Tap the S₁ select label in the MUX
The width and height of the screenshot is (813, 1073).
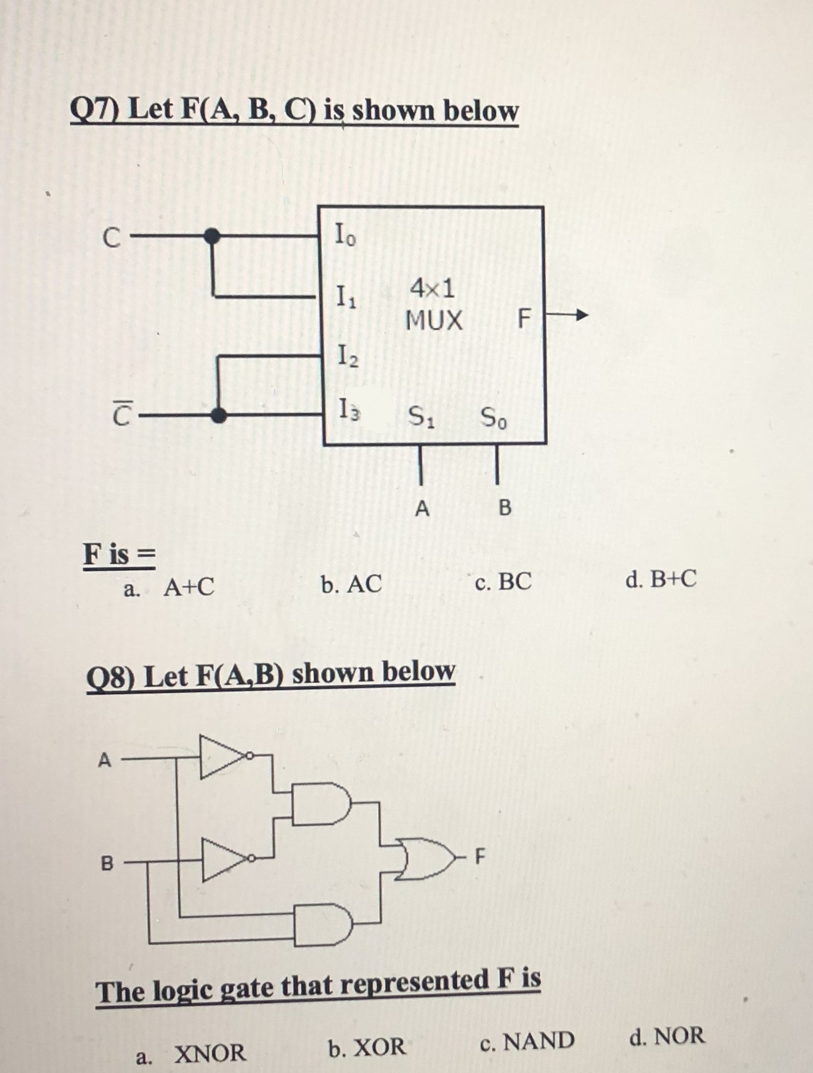click(421, 418)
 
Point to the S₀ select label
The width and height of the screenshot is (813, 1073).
click(493, 419)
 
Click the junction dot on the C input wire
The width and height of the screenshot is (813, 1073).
click(212, 236)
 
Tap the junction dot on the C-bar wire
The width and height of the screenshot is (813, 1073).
click(219, 416)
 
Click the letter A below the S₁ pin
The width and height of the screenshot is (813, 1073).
click(422, 509)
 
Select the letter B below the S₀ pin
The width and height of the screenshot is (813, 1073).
click(505, 508)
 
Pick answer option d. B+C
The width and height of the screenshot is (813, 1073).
click(661, 579)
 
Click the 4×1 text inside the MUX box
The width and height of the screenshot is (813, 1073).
click(433, 288)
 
